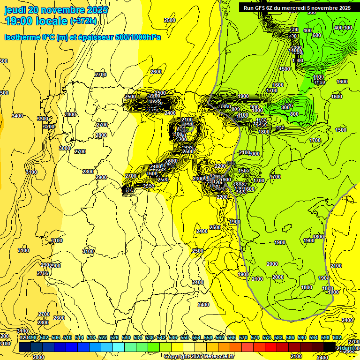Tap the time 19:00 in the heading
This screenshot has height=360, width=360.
tap(20, 21)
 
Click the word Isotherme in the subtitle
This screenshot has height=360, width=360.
tap(22, 37)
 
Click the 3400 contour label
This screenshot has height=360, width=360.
tap(17, 116)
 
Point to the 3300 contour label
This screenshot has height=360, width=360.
tap(43, 119)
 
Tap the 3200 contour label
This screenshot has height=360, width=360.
tap(49, 127)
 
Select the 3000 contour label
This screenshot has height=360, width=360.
tap(65, 148)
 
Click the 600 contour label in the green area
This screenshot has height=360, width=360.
tap(316, 35)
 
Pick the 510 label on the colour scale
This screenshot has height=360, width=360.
tap(67, 337)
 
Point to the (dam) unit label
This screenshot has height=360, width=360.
tap(347, 348)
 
